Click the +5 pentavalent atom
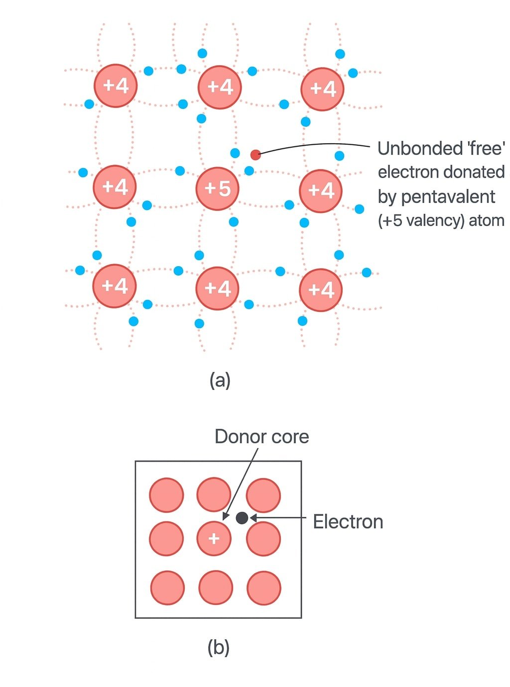(x=217, y=189)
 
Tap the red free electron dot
(x=255, y=155)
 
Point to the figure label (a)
(x=220, y=381)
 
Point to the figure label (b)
(x=218, y=648)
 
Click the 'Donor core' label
(x=261, y=437)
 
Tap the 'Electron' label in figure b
(x=348, y=522)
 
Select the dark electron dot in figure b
(x=242, y=518)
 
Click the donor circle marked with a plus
(x=214, y=538)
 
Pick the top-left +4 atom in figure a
(x=116, y=86)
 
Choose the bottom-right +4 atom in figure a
(x=321, y=290)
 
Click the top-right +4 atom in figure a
(x=322, y=89)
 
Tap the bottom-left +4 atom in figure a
(x=115, y=286)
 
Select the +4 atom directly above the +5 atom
(x=220, y=87)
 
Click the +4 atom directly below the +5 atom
(x=218, y=288)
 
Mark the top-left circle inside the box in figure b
(x=166, y=495)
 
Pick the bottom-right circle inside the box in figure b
(x=263, y=588)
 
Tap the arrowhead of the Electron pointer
(x=253, y=518)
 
